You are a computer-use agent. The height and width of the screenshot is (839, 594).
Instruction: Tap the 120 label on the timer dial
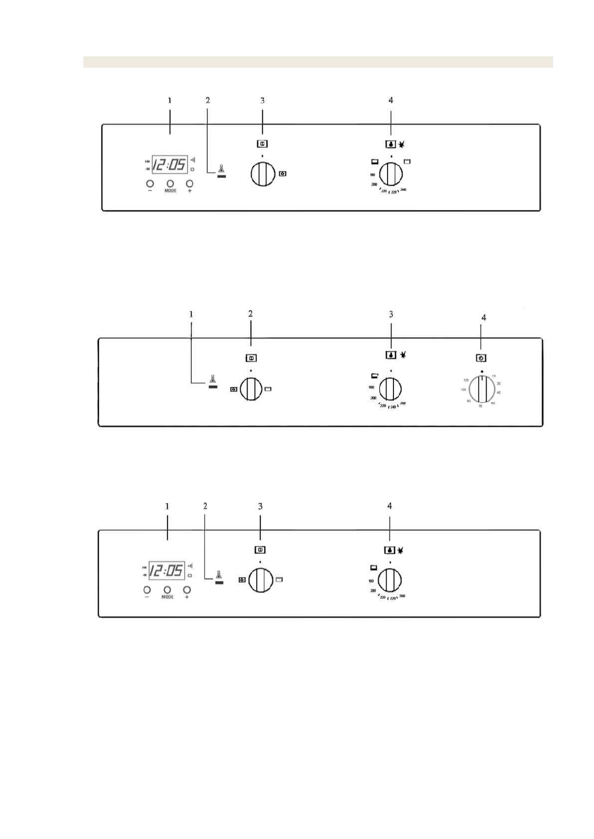pyautogui.click(x=466, y=380)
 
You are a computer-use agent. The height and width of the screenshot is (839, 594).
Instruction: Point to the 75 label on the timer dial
pyautogui.click(x=480, y=407)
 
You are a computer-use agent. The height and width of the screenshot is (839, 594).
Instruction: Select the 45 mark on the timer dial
pyautogui.click(x=499, y=393)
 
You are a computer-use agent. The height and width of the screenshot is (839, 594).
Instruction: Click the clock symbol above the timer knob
pyautogui.click(x=482, y=358)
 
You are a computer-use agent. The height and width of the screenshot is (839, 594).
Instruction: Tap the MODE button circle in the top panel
pyautogui.click(x=170, y=183)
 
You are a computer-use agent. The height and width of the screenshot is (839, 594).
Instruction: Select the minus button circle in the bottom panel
pyautogui.click(x=147, y=589)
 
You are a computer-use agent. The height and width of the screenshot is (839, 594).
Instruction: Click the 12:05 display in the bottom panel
pyautogui.click(x=167, y=570)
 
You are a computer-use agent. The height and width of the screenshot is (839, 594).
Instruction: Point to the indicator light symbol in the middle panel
pyautogui.click(x=213, y=381)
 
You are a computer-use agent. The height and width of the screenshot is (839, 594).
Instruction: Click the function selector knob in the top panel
pyautogui.click(x=262, y=174)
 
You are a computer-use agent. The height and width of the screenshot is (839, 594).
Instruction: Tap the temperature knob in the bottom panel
pyautogui.click(x=390, y=580)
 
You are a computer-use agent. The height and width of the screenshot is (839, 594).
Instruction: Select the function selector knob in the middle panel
pyautogui.click(x=251, y=389)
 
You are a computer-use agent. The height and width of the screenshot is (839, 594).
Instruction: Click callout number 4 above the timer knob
pyautogui.click(x=483, y=317)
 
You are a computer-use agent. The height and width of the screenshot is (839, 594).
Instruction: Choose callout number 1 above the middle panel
pyautogui.click(x=191, y=314)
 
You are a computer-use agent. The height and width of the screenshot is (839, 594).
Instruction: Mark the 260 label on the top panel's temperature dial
pyautogui.click(x=403, y=190)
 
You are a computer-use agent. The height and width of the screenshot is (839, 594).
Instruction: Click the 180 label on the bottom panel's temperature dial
pyautogui.click(x=371, y=581)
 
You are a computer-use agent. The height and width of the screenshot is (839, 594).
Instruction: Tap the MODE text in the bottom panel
pyautogui.click(x=168, y=597)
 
